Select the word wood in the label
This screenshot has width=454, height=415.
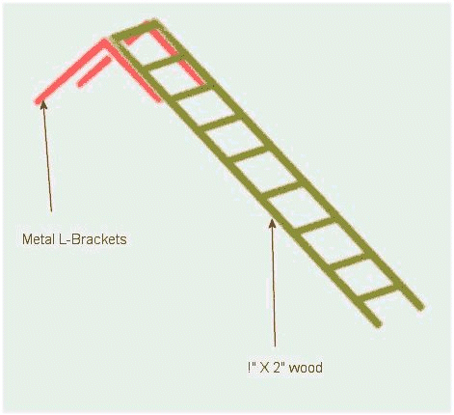(x=306, y=367)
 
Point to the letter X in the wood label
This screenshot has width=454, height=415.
(x=264, y=368)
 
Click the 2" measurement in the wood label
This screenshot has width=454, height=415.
(x=279, y=367)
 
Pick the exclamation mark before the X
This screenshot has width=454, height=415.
(x=250, y=367)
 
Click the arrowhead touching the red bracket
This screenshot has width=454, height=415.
(x=43, y=104)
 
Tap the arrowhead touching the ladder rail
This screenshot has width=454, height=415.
(x=272, y=223)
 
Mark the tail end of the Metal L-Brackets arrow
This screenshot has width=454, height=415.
(x=51, y=211)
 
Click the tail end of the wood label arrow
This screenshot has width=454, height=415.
(x=275, y=346)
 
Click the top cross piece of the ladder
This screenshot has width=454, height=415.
(x=135, y=30)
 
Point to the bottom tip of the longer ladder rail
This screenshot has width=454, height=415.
(x=421, y=307)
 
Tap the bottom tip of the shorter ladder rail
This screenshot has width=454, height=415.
(x=378, y=323)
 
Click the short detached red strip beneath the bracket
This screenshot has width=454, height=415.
(x=93, y=71)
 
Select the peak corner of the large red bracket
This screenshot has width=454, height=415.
(x=105, y=42)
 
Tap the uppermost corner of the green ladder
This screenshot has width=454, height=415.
(x=155, y=22)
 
